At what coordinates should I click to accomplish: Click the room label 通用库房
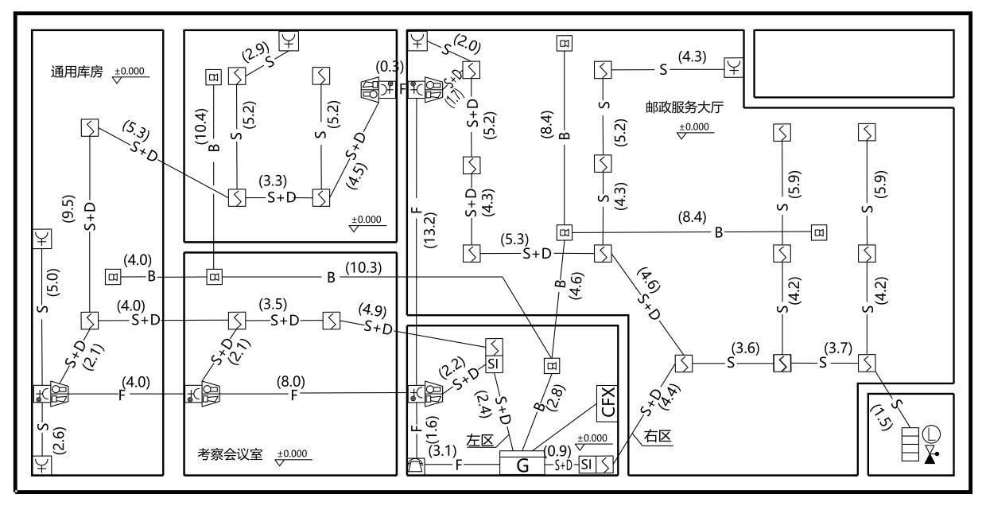76,72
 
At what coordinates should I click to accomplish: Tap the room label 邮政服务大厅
685,107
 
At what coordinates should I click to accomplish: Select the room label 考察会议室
230,453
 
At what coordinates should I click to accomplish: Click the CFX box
607,403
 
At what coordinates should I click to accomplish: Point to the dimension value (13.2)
430,231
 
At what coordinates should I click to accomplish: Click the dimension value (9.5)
68,208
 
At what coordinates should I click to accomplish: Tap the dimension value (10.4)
201,127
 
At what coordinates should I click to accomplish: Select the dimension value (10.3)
363,267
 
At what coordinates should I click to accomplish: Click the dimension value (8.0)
291,381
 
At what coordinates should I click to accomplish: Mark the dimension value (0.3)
390,67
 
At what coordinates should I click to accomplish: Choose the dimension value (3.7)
838,348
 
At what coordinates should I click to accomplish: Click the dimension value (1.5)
881,417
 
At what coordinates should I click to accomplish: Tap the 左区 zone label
480,440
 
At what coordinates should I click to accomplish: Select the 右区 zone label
657,436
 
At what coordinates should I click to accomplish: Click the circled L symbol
930,434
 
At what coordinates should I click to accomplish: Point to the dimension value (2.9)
255,52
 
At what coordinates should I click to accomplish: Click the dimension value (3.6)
745,348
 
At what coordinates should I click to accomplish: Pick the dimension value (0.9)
557,451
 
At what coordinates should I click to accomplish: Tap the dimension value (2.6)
59,440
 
